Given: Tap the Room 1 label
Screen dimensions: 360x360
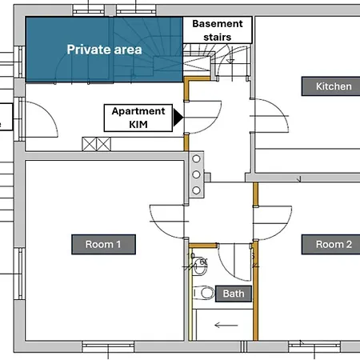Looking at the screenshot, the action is (x=103, y=244).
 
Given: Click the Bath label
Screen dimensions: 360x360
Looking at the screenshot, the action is (x=234, y=294).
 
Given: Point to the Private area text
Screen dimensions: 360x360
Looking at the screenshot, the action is (x=104, y=50).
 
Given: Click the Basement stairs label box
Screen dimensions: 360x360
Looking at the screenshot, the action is (x=218, y=30).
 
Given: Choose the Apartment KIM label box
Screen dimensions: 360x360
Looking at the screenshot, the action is (x=138, y=118).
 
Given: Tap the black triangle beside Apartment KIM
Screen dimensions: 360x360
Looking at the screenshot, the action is (x=178, y=117).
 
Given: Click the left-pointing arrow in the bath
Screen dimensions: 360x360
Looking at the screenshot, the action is (x=226, y=325).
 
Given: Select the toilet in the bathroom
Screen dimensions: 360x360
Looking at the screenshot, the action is (x=203, y=293).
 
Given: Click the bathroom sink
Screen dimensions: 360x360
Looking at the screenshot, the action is (x=200, y=266).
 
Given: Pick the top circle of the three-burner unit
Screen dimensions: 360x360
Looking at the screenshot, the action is (x=196, y=158).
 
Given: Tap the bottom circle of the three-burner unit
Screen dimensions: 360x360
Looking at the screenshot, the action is (x=196, y=190).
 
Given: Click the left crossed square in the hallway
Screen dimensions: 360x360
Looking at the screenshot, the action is (x=89, y=144).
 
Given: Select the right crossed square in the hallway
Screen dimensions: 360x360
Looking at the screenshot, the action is (x=103, y=144).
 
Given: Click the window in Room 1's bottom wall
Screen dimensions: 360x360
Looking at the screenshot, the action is (x=108, y=346).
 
